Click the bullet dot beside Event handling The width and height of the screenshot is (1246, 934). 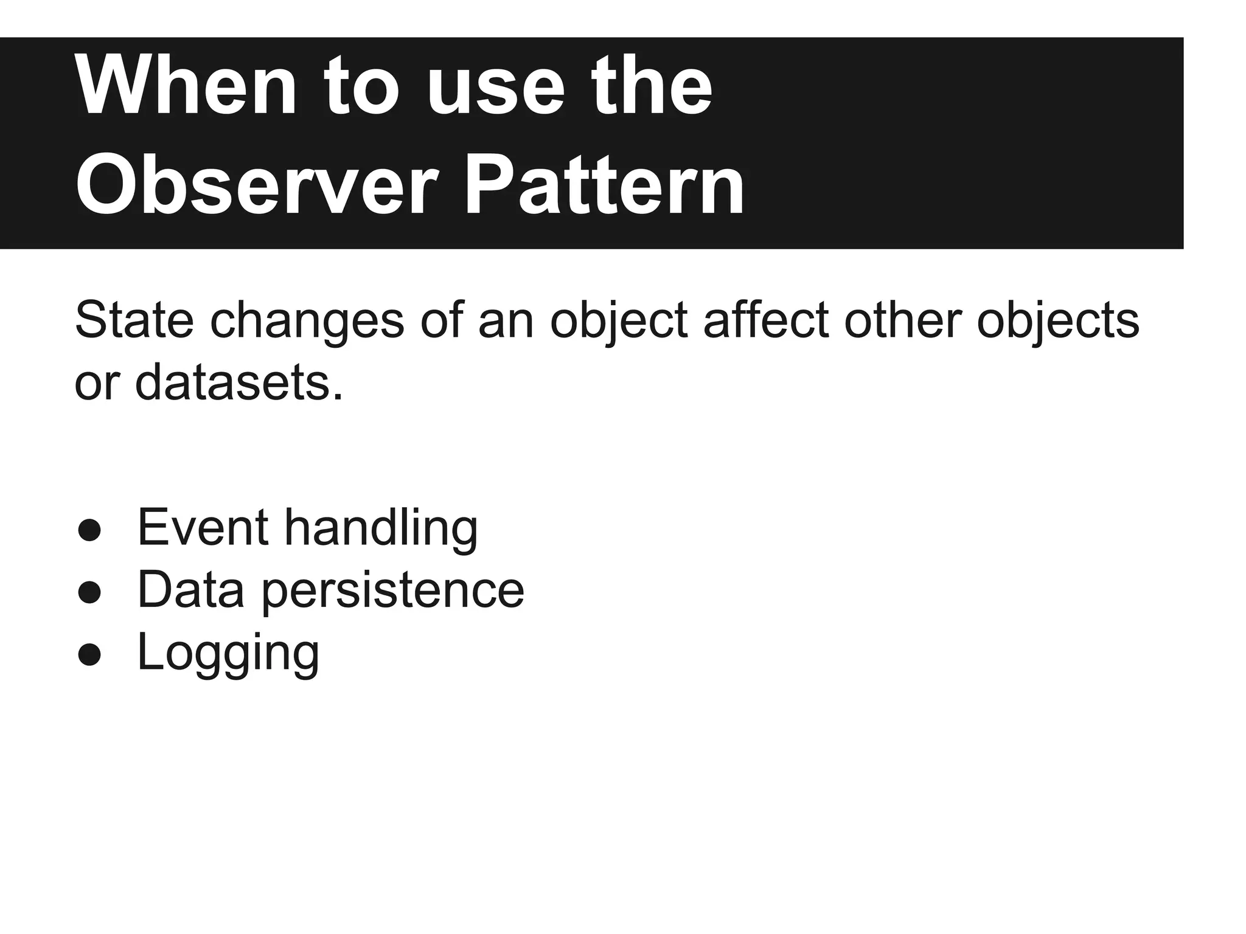tap(89, 530)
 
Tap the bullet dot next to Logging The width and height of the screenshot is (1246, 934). tap(89, 655)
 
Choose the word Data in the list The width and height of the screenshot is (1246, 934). tap(190, 590)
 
